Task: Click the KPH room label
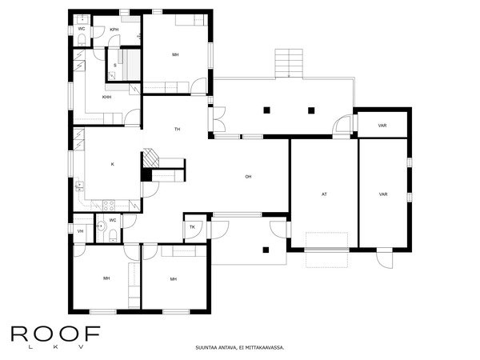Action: pos(114,29)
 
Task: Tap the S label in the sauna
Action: pos(115,65)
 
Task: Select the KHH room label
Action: pos(106,97)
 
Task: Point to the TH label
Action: pos(178,128)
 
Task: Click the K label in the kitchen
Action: pos(112,164)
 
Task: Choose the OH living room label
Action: pos(248,176)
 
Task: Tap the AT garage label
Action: pos(324,194)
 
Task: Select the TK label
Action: pos(192,228)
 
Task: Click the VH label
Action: pos(81,231)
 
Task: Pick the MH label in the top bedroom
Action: pos(174,54)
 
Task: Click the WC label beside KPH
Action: pos(82,29)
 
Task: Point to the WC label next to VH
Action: pos(113,220)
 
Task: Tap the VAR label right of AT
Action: pos(383,194)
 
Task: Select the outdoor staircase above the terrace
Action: pos(290,62)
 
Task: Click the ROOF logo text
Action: pos(54,334)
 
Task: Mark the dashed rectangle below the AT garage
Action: pos(326,241)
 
